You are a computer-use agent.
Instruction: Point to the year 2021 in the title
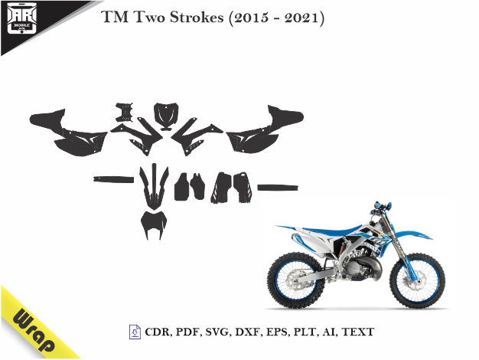pyautogui.click(x=304, y=18)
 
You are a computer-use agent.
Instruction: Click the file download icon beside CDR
pyautogui.click(x=134, y=332)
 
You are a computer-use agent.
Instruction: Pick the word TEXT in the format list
pyautogui.click(x=358, y=332)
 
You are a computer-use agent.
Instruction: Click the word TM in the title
pyautogui.click(x=112, y=18)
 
